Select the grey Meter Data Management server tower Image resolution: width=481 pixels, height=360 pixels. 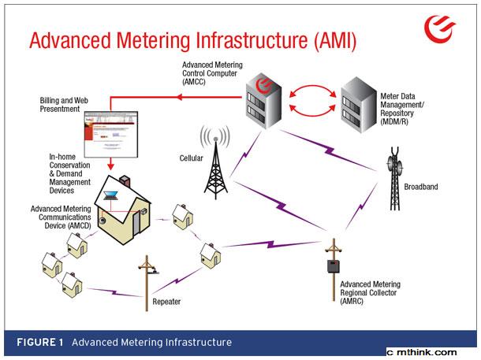click(x=360, y=105)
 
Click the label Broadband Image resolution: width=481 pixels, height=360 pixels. click(x=422, y=187)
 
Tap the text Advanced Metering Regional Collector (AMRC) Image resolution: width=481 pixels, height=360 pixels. click(x=368, y=293)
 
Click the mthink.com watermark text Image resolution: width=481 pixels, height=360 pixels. click(x=433, y=352)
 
